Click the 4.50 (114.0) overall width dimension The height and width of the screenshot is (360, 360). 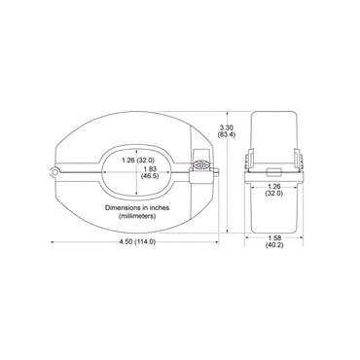tap(131, 241)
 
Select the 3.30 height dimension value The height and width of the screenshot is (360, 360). tap(227, 127)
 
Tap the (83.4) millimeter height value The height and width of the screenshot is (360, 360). tap(227, 137)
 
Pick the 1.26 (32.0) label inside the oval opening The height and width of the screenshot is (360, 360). tap(137, 161)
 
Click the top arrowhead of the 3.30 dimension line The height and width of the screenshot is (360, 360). tap(227, 111)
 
